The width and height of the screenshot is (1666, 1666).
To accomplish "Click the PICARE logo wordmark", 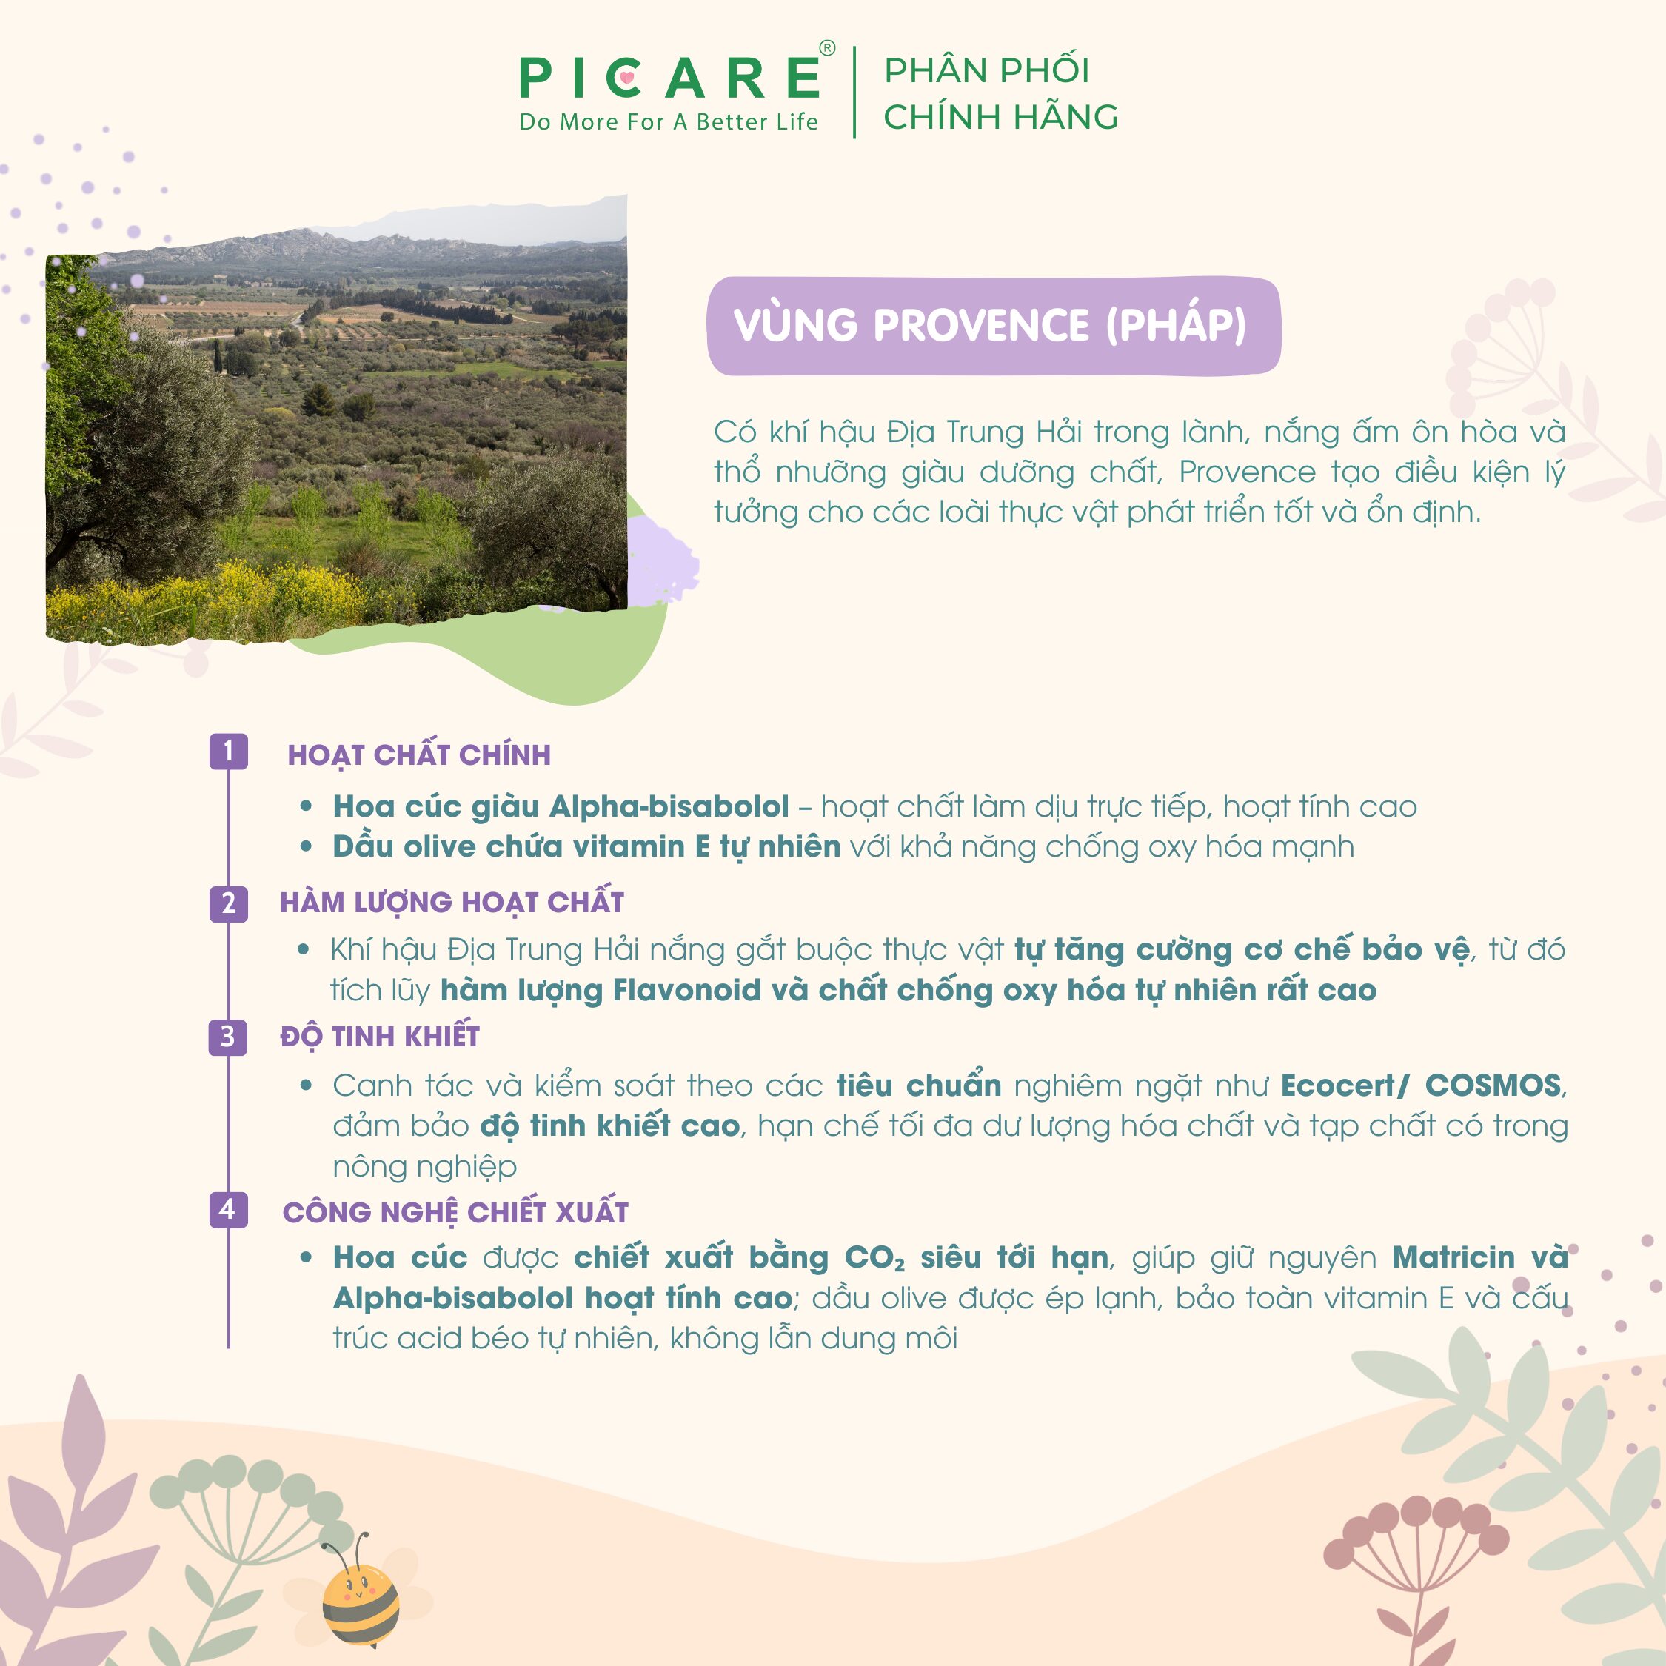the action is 670,78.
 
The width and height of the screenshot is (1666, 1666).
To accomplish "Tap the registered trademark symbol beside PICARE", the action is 827,48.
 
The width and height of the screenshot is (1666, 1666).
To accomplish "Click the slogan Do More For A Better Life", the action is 669,122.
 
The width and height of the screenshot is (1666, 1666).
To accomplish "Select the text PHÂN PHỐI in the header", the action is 987,69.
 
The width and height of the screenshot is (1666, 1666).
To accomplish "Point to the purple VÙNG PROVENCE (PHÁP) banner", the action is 994,326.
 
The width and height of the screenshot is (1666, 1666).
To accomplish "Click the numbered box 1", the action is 229,751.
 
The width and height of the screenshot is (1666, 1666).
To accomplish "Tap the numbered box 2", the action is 229,903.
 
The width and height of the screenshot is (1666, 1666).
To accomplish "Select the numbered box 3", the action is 229,1037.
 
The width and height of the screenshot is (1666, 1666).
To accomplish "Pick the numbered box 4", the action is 229,1209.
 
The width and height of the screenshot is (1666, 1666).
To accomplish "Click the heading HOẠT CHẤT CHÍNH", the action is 419,755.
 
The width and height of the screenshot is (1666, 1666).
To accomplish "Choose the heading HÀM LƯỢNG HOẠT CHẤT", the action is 452,901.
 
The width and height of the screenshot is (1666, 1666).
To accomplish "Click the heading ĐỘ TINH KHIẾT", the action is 379,1035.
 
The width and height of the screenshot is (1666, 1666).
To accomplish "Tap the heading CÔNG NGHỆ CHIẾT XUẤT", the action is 455,1211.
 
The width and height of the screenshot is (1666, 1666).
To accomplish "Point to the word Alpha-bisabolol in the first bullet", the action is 669,806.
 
